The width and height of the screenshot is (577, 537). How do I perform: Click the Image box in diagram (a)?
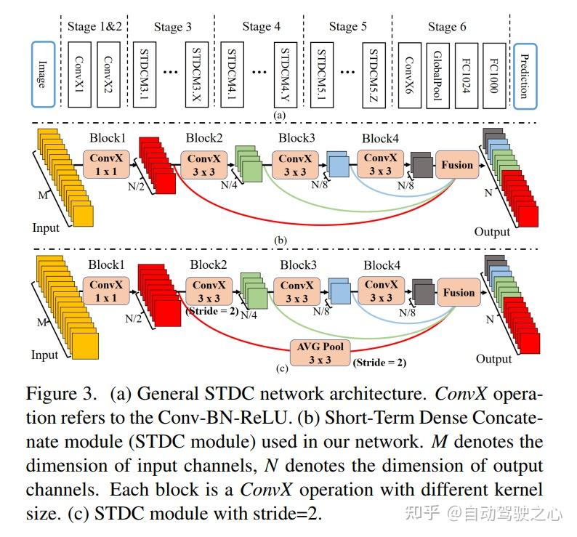pyautogui.click(x=41, y=75)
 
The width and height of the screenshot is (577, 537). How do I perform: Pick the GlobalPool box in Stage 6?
pyautogui.click(x=438, y=75)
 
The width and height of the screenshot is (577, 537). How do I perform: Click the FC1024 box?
pyautogui.click(x=467, y=75)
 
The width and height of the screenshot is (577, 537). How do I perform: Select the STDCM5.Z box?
pyautogui.click(x=375, y=75)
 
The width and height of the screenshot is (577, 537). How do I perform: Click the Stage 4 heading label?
pyautogui.click(x=261, y=27)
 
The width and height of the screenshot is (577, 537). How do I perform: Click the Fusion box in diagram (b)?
pyautogui.click(x=457, y=165)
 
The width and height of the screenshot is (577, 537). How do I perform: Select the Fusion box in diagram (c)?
pyautogui.click(x=459, y=293)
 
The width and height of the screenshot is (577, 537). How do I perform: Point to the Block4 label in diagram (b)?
pyautogui.click(x=380, y=138)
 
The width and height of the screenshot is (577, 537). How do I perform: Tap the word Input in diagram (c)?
pyautogui.click(x=45, y=356)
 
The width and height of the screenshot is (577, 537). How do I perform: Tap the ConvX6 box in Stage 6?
pyautogui.click(x=409, y=75)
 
